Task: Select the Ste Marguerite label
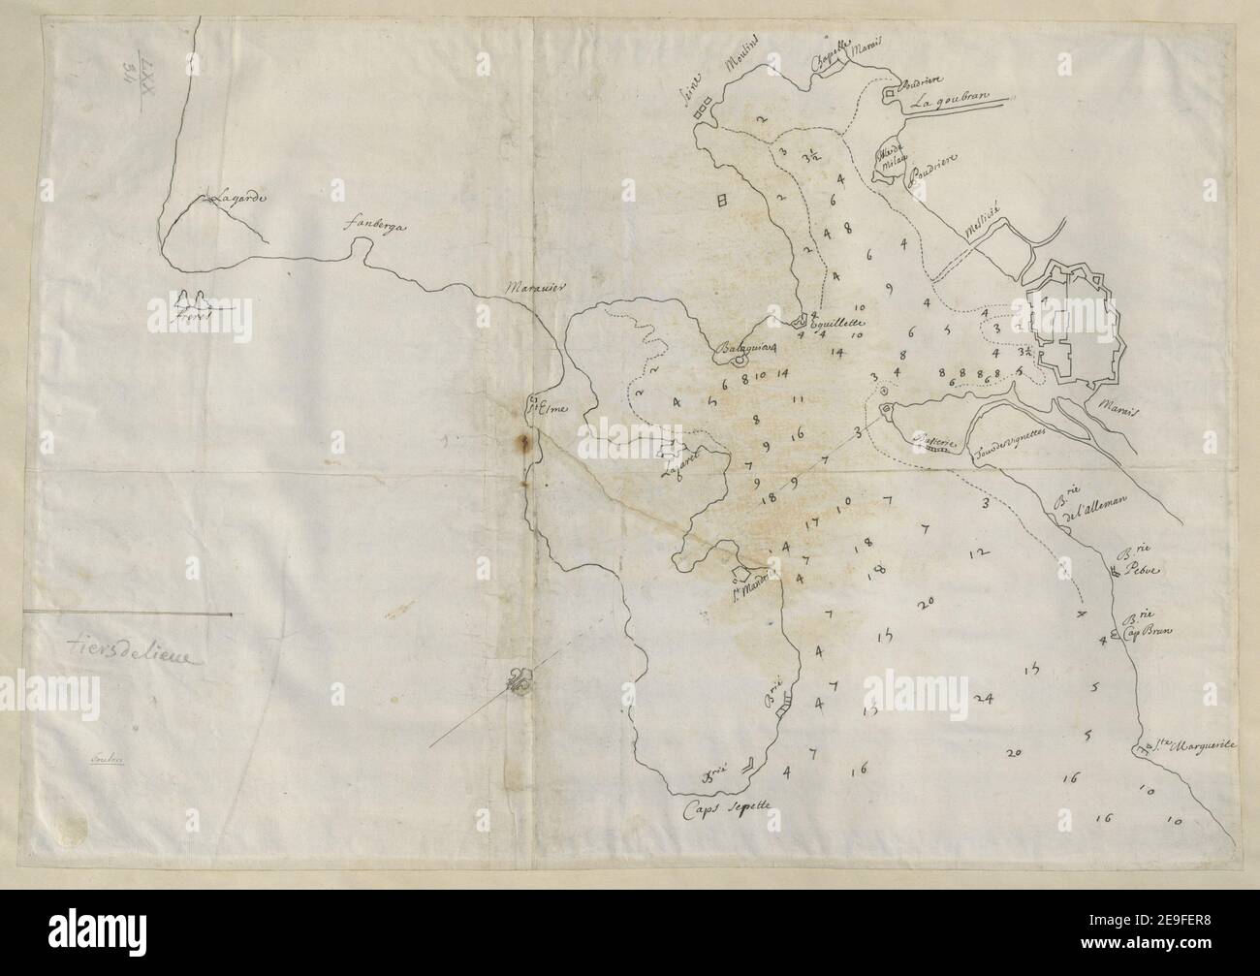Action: (x=1194, y=745)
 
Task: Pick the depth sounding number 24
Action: (x=985, y=699)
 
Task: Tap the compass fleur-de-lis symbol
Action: (x=520, y=683)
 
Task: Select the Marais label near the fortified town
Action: (x=1121, y=410)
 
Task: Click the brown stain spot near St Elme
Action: (x=525, y=444)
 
